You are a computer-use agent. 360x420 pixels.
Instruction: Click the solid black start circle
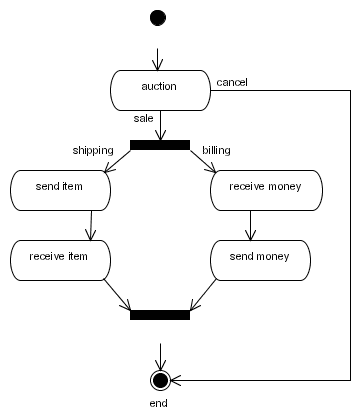pyautogui.click(x=158, y=17)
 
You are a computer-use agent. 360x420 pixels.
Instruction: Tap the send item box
pyautogui.click(x=59, y=189)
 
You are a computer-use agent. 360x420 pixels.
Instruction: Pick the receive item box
pyautogui.click(x=59, y=259)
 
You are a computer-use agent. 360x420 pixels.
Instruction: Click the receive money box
pyautogui.click(x=266, y=189)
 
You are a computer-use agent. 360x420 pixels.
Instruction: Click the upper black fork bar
pyautogui.click(x=159, y=145)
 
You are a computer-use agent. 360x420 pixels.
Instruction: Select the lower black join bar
pyautogui.click(x=159, y=315)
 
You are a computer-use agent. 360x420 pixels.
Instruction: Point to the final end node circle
pyautogui.click(x=159, y=379)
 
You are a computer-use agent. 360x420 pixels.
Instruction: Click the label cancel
pyautogui.click(x=231, y=82)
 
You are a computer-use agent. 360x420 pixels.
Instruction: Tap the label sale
pyautogui.click(x=144, y=119)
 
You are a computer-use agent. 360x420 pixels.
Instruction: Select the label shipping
pyautogui.click(x=92, y=150)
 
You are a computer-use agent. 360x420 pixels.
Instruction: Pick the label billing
pyautogui.click(x=216, y=150)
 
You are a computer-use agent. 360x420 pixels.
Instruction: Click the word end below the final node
pyautogui.click(x=158, y=403)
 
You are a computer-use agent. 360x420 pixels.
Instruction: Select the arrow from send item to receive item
pyautogui.click(x=91, y=225)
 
